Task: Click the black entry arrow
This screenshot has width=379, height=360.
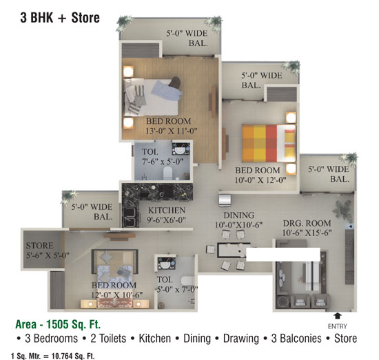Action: tap(338, 316)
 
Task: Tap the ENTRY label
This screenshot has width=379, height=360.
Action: tap(338, 326)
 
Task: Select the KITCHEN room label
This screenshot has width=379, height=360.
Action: tap(167, 211)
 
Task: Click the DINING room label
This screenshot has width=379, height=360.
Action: tap(239, 215)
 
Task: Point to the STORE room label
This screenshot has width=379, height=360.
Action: tap(40, 246)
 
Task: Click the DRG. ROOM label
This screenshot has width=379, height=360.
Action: tap(307, 223)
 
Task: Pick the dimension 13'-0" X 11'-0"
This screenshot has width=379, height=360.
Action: tap(172, 131)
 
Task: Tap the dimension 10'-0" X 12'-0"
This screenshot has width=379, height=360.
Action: tap(260, 180)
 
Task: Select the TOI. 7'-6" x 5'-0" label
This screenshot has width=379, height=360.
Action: tap(163, 157)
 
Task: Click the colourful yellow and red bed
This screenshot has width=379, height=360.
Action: tap(269, 143)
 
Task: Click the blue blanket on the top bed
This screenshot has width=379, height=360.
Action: tap(166, 89)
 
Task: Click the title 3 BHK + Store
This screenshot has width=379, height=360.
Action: tap(60, 18)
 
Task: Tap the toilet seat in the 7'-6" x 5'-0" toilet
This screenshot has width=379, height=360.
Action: tap(167, 173)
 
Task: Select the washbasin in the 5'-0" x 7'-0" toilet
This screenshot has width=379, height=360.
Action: tap(166, 264)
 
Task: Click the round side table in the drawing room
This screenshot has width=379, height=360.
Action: tap(282, 302)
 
